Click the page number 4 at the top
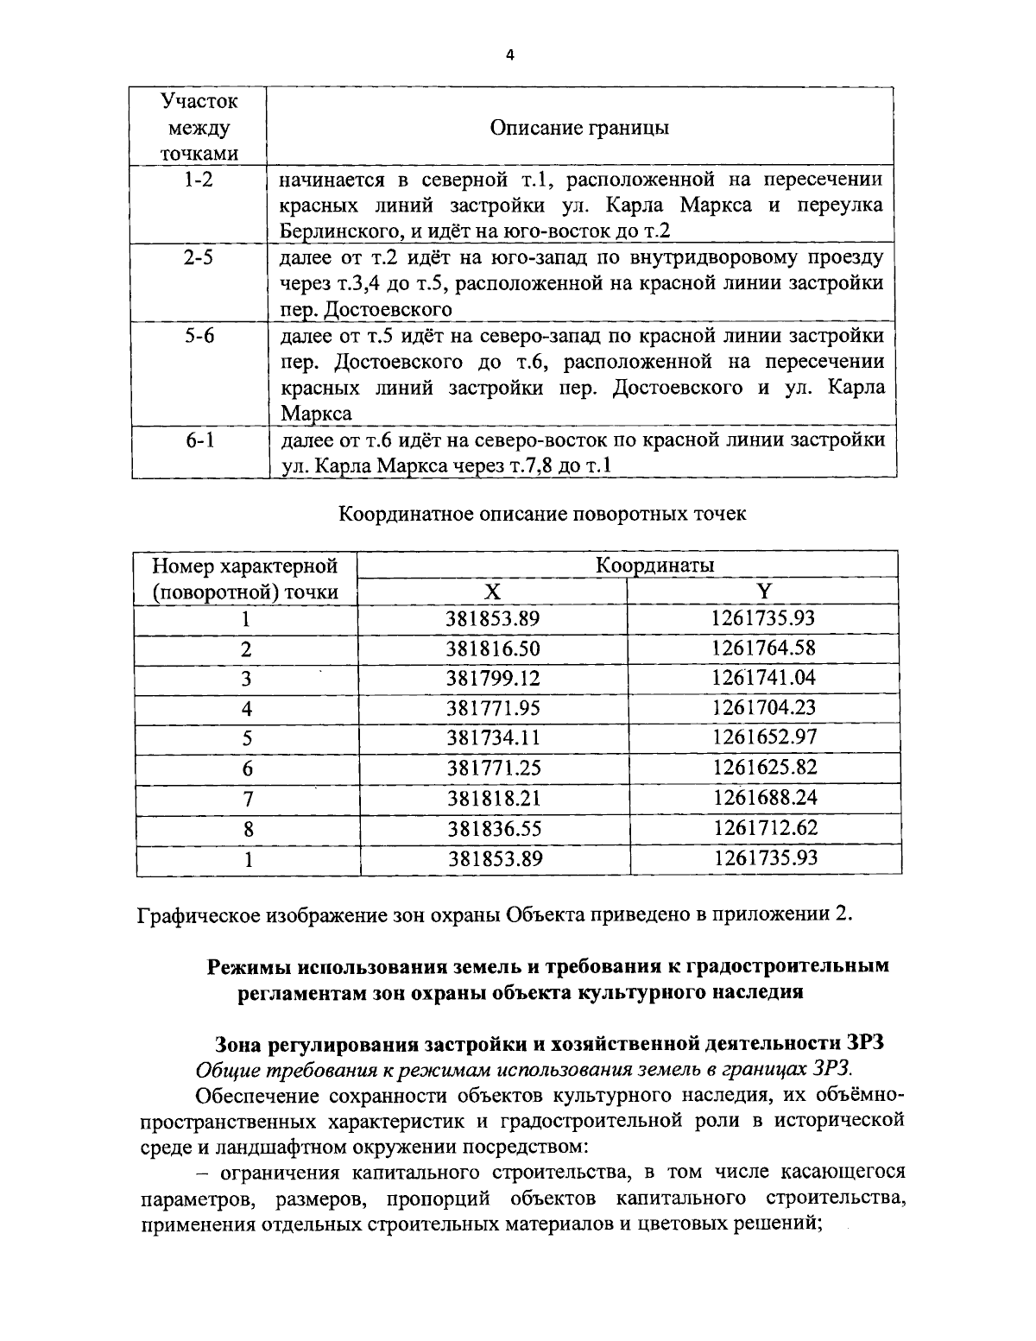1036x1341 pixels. coord(509,55)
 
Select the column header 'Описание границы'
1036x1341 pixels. coord(579,128)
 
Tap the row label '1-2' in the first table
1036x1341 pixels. coord(199,180)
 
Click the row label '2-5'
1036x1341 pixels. coord(199,257)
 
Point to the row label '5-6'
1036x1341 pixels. coord(199,335)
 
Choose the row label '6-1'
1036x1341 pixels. coord(199,440)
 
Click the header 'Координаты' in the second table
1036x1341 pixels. coord(655,566)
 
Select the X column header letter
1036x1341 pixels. coord(491,591)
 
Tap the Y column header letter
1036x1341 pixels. coord(763,591)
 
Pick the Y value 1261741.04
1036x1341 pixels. coord(763,678)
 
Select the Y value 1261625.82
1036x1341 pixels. coord(764,768)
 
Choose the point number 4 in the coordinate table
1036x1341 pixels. coord(247,709)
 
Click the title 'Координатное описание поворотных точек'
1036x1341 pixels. coord(541,514)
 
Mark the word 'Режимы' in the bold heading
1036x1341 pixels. coord(250,966)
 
